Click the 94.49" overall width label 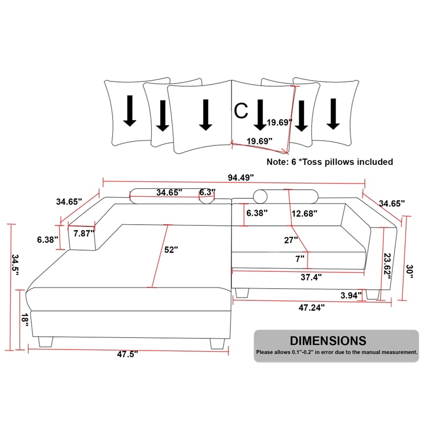241,178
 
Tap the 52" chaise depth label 171,250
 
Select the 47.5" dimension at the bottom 127,354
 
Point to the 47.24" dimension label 311,308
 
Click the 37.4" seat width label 311,277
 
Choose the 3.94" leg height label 351,296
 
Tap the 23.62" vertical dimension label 388,266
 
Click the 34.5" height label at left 15,265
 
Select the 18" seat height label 25,320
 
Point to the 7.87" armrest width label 84,233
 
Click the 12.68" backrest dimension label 305,214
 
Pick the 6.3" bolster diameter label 207,192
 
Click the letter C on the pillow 241,111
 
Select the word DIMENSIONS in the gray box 328,341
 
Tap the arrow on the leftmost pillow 130,111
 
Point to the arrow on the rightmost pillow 333,114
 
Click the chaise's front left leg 45,342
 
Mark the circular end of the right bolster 260,197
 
